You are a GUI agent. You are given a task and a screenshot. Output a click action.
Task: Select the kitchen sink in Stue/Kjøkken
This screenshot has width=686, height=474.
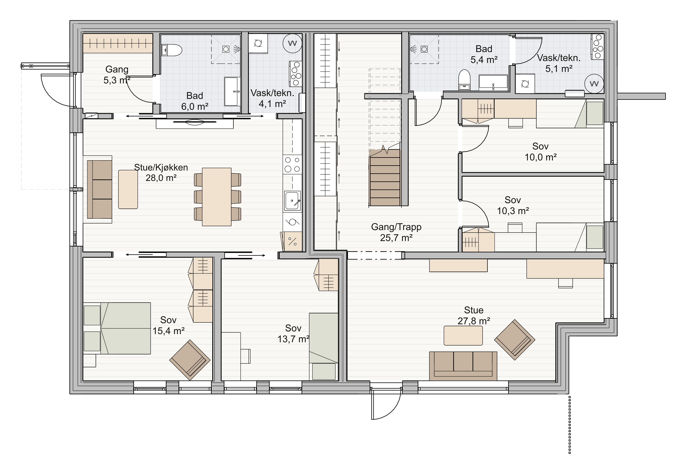pyautogui.click(x=292, y=201)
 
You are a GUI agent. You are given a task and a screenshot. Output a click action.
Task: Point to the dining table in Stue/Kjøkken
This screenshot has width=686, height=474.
pyautogui.click(x=217, y=197)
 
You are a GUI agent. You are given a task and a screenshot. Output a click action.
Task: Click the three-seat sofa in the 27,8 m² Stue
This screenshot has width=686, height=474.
pyautogui.click(x=463, y=366)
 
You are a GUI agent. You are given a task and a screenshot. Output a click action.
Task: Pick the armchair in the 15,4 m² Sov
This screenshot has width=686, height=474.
pyautogui.click(x=190, y=360)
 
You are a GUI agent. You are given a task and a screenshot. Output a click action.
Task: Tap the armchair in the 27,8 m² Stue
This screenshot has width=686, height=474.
pyautogui.click(x=515, y=340)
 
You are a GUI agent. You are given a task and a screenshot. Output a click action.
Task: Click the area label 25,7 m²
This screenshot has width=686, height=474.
pyautogui.click(x=396, y=238)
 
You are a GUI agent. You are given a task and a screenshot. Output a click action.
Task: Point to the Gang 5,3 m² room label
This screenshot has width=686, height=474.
pyautogui.click(x=117, y=75)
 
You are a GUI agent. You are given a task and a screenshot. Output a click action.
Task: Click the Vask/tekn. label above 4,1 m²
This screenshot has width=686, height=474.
pyautogui.click(x=272, y=93)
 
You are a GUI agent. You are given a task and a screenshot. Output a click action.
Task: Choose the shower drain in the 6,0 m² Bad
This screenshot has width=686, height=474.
pyautogui.click(x=226, y=49)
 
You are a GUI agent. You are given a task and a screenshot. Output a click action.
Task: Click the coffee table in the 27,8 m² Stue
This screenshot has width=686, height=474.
pyautogui.click(x=463, y=335)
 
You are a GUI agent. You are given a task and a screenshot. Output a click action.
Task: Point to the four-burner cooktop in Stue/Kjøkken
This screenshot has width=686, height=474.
pyautogui.click(x=292, y=164)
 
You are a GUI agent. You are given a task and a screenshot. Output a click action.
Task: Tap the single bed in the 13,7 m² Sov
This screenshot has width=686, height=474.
pyautogui.click(x=323, y=346)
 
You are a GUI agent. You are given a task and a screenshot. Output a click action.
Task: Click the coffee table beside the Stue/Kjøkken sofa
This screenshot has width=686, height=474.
pyautogui.click(x=128, y=189)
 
